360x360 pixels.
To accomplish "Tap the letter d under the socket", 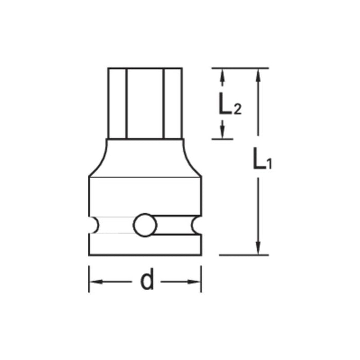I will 147,281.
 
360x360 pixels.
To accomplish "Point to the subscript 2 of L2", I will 237,109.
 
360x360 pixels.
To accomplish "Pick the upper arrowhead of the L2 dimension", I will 222,75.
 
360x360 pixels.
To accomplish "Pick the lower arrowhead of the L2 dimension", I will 222,132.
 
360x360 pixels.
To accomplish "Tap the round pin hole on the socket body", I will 145,225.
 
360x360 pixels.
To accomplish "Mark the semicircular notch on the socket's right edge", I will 196,225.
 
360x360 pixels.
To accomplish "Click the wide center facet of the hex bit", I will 145,103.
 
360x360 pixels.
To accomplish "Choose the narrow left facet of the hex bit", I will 117,103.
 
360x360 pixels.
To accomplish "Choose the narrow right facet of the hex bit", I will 173,103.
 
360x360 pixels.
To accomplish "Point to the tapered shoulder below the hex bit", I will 145,157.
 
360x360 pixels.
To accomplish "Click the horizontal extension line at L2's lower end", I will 222,139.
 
